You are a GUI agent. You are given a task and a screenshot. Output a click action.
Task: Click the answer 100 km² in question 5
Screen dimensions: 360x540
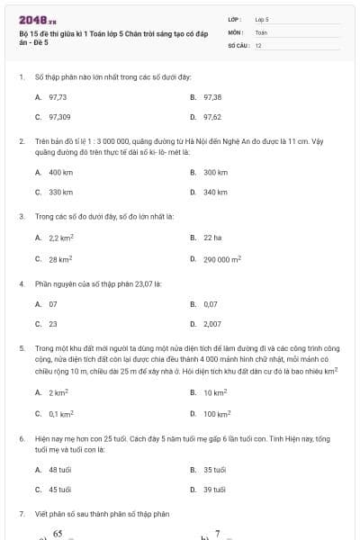pyautogui.click(x=217, y=414)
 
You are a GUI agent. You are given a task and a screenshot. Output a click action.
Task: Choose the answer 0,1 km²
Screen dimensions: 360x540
pyautogui.click(x=61, y=414)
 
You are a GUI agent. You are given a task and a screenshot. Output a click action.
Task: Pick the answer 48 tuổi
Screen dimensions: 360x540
pyautogui.click(x=59, y=470)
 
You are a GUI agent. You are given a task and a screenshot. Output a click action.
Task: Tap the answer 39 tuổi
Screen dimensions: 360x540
pyautogui.click(x=214, y=490)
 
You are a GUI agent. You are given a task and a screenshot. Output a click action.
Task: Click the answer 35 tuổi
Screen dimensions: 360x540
pyautogui.click(x=214, y=470)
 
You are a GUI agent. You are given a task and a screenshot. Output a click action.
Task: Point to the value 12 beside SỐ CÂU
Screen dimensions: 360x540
pyautogui.click(x=258, y=45)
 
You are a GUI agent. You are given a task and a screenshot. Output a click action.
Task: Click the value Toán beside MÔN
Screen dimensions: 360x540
pyautogui.click(x=261, y=31)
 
